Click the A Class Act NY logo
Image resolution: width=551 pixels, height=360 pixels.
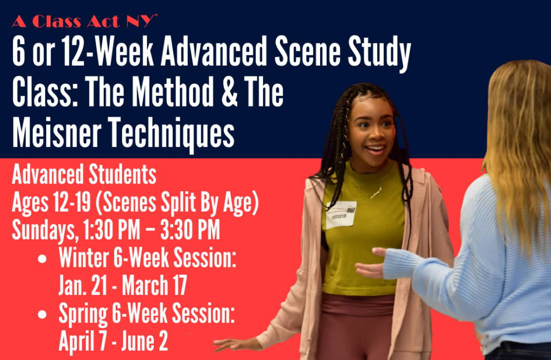84,21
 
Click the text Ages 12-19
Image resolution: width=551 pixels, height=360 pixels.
52,203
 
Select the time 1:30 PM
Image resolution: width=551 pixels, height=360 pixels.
111,230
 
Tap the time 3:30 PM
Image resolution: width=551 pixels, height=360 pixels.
190,230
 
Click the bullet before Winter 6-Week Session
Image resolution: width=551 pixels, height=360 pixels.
42,259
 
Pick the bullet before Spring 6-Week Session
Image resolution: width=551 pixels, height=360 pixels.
42,314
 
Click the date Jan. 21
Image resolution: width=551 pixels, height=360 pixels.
83,285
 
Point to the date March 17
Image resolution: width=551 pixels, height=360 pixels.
154,285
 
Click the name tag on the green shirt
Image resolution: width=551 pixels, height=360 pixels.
341,215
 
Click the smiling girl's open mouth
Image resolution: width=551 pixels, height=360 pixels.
375,149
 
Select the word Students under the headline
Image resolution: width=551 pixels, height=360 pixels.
122,175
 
